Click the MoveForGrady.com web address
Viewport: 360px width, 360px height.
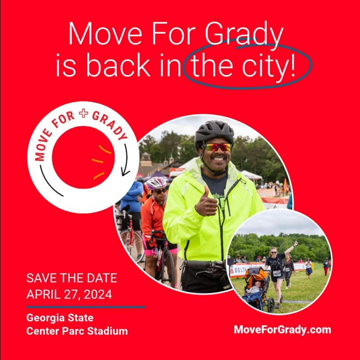click(x=282, y=329)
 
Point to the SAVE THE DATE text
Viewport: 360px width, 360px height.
click(x=72, y=278)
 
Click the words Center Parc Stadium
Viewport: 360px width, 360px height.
click(x=77, y=331)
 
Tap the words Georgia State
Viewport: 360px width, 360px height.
click(x=60, y=317)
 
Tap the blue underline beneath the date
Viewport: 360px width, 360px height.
click(x=86, y=307)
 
